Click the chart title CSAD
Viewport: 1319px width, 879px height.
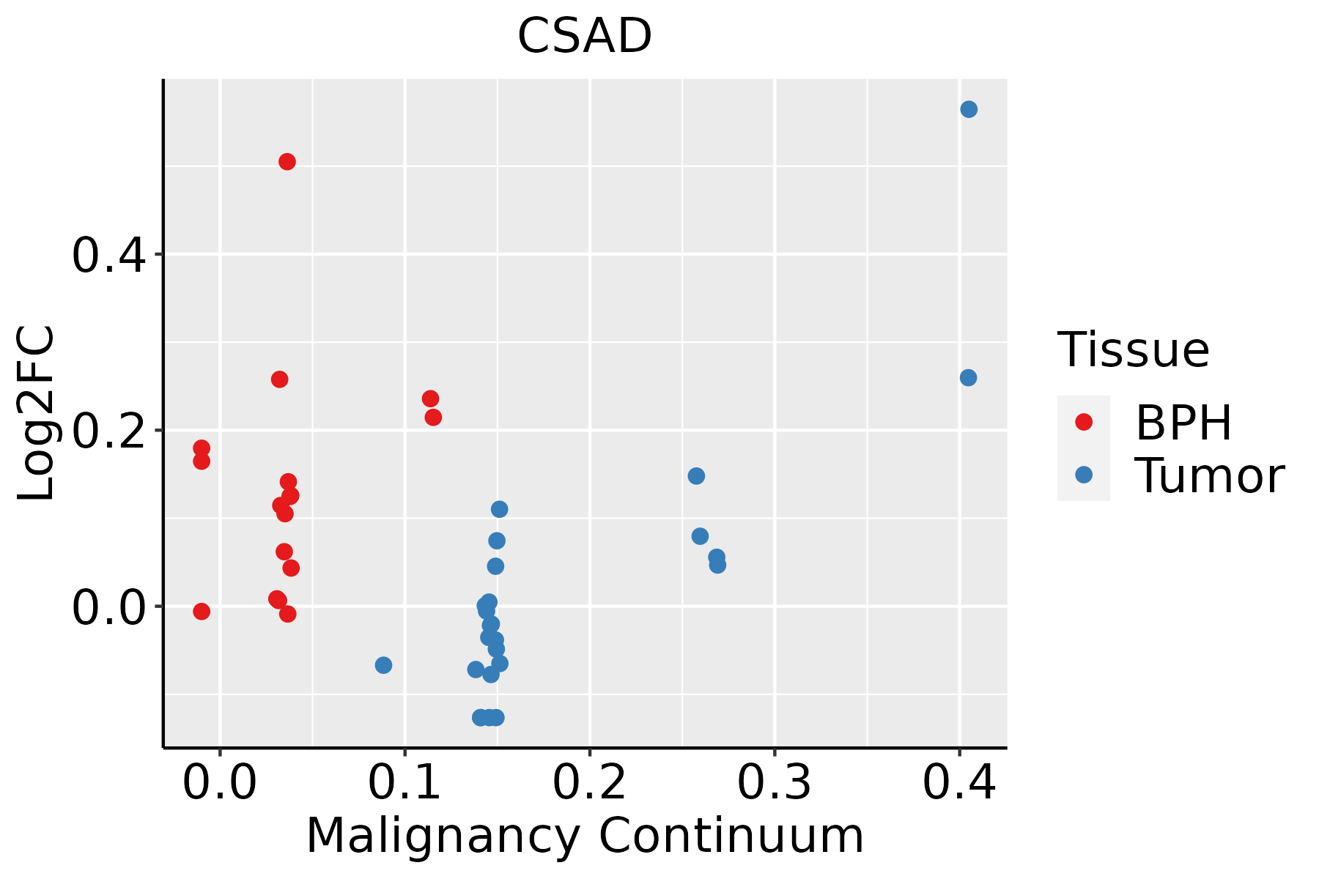coord(584,37)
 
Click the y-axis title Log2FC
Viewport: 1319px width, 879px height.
coord(37,413)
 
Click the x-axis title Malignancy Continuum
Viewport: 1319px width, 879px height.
coord(584,836)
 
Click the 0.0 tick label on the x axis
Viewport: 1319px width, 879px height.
coord(220,782)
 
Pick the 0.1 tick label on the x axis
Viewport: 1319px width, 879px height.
coord(404,782)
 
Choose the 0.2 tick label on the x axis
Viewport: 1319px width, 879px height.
coord(589,782)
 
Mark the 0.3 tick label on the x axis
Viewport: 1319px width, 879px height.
coord(774,782)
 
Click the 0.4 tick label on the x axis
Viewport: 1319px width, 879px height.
coord(958,782)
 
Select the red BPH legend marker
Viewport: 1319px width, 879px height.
coord(1083,422)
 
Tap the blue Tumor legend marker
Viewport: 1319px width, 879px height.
coord(1083,475)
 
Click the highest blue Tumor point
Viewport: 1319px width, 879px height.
coord(969,109)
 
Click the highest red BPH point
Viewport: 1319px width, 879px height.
coord(287,161)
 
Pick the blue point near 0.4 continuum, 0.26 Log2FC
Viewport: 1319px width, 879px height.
coord(968,378)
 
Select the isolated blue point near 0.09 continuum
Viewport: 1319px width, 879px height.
coord(383,665)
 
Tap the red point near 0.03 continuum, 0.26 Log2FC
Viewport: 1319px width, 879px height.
coord(279,379)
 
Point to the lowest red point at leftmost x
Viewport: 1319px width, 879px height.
coord(202,611)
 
